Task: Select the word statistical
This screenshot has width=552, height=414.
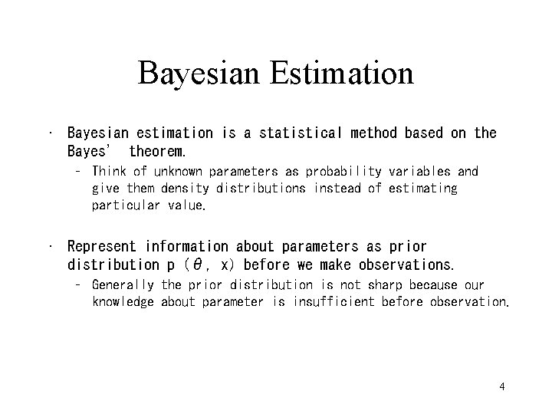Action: click(x=304, y=133)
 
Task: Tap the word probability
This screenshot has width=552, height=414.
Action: click(x=345, y=171)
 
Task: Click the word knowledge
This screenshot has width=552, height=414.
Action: click(x=123, y=302)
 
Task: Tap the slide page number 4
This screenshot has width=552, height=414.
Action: click(x=501, y=386)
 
